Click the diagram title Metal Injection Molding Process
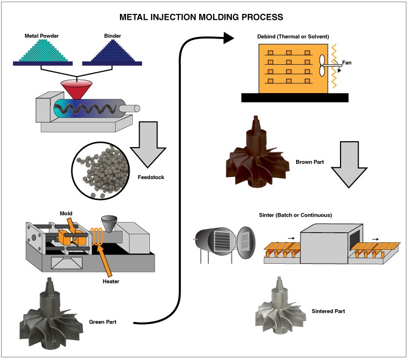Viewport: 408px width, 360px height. [x=201, y=17]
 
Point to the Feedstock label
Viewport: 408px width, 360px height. [x=151, y=177]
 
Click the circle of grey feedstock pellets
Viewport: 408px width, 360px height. [x=101, y=171]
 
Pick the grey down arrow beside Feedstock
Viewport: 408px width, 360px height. [x=148, y=144]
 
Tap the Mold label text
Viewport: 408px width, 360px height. [x=66, y=213]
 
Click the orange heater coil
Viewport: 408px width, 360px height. [x=97, y=236]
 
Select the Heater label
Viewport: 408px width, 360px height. [x=111, y=281]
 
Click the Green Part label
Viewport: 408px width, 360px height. [x=102, y=322]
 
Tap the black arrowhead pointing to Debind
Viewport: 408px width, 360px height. [x=229, y=38]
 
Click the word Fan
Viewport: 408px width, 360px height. [x=346, y=63]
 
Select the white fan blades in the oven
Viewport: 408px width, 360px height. [x=322, y=65]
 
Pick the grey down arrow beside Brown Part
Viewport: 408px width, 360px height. [x=349, y=164]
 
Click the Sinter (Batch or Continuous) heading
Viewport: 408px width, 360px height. [x=296, y=215]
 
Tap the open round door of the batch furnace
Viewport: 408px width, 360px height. [x=246, y=242]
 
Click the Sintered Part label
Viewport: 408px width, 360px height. [x=328, y=311]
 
